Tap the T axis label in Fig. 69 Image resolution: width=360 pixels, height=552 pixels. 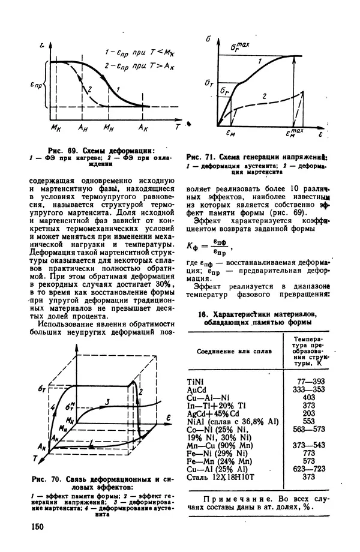177,128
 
